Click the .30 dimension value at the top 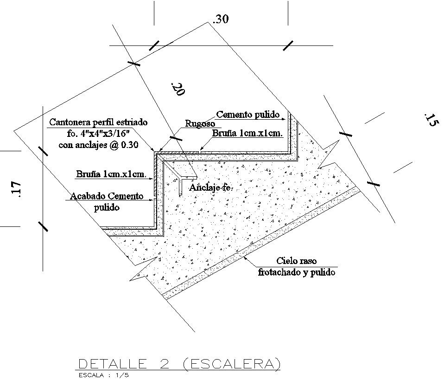pyautogui.click(x=221, y=19)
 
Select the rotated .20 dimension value pyautogui.click(x=178, y=89)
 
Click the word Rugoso pyautogui.click(x=200, y=123)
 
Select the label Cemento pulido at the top pyautogui.click(x=248, y=114)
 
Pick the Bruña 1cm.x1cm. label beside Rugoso pyautogui.click(x=247, y=134)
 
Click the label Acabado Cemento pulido pyautogui.click(x=107, y=202)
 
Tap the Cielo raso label pyautogui.click(x=296, y=261)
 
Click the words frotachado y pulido pyautogui.click(x=296, y=272)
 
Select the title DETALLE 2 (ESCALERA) pyautogui.click(x=180, y=364)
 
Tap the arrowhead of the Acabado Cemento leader pyautogui.click(x=152, y=200)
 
